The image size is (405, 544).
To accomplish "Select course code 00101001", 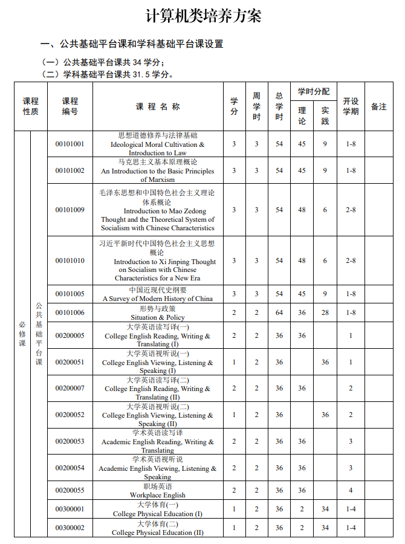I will [70, 144].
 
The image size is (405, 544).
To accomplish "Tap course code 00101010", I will [70, 261].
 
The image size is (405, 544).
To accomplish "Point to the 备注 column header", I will [379, 106].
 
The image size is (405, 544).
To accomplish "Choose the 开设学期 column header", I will [351, 106].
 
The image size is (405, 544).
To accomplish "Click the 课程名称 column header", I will [158, 107].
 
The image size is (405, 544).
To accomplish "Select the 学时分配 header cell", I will [313, 92].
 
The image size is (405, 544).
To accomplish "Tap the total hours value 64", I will [279, 312].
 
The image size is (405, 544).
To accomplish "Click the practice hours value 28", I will [325, 312].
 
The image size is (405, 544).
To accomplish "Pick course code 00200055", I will [70, 490].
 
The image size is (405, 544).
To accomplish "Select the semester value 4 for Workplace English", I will [351, 490].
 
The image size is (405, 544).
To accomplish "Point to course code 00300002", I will [70, 528].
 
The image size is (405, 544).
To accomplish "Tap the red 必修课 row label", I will [22, 334].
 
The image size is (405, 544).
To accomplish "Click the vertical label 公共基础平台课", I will [39, 334].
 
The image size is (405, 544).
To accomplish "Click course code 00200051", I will [70, 362].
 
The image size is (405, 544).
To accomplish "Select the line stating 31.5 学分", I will [108, 74].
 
